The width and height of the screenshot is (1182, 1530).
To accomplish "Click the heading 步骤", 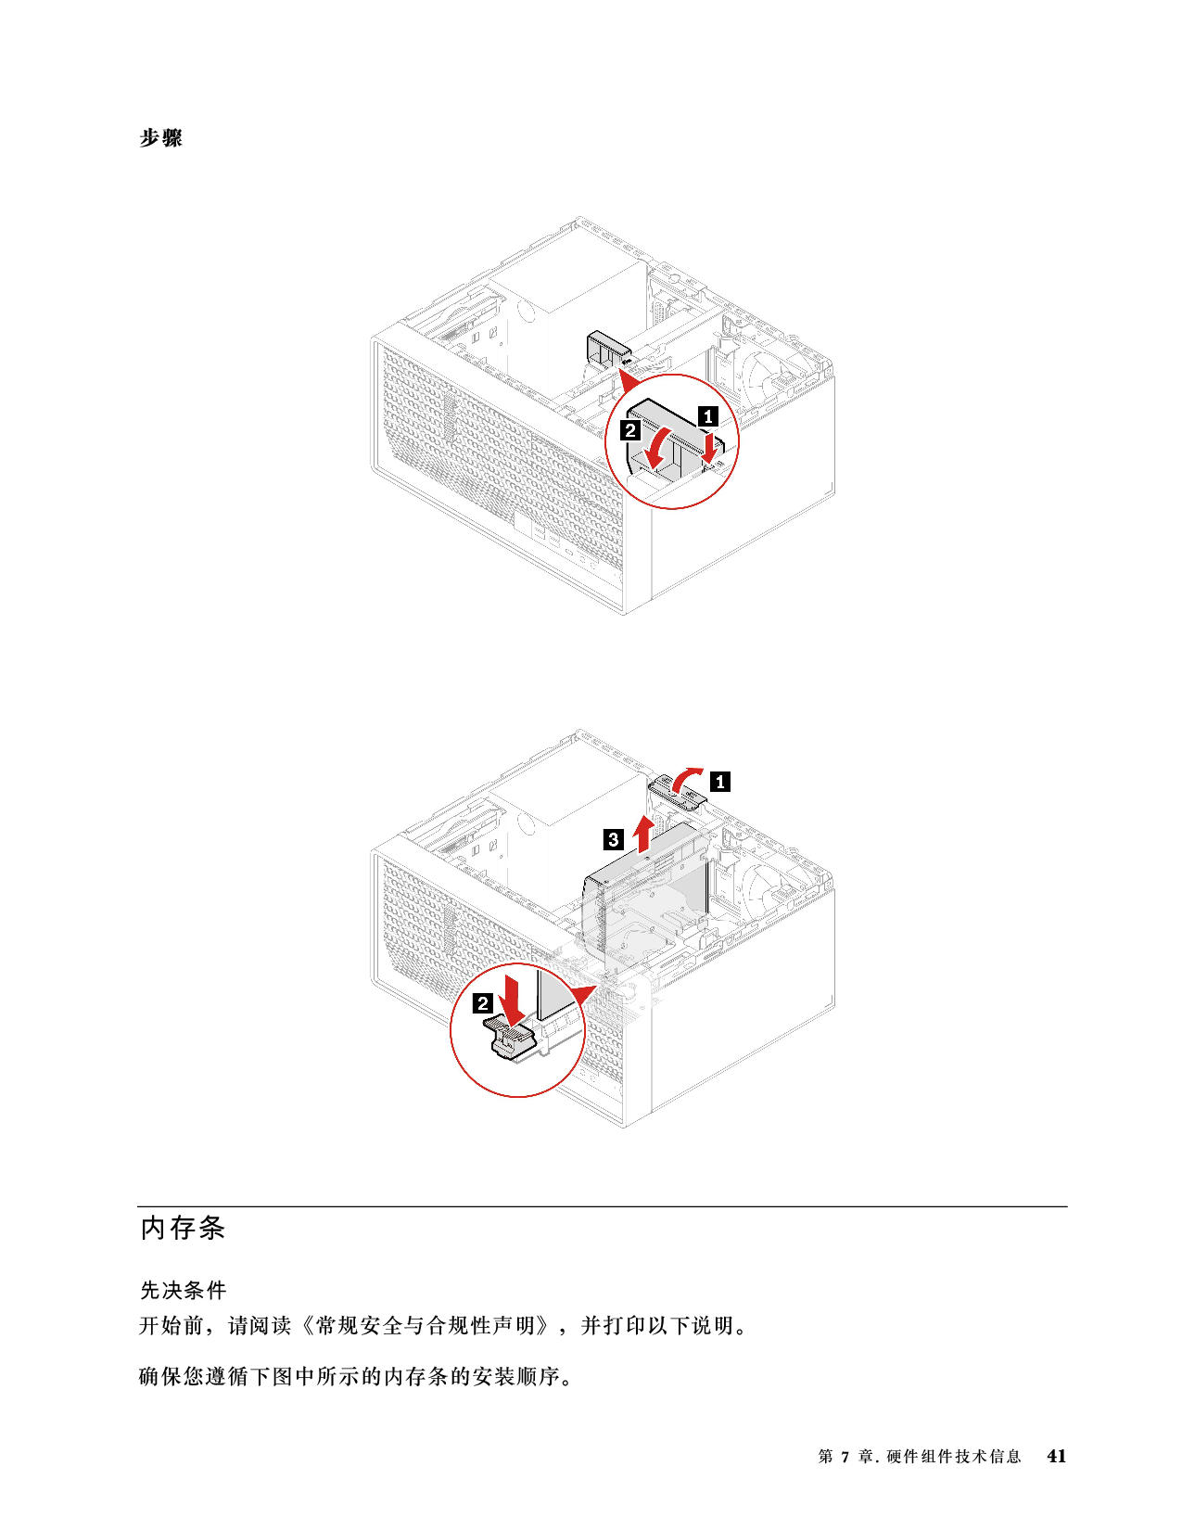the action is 160,137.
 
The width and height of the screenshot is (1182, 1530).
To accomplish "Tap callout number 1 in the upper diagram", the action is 707,416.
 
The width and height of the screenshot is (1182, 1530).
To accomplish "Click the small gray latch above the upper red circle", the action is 608,350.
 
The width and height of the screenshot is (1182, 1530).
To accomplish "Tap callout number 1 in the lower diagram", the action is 719,782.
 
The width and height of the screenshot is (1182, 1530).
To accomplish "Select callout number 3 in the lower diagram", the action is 613,839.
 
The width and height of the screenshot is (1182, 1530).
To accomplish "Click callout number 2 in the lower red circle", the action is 482,1003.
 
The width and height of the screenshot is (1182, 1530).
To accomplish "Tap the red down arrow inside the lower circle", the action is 510,999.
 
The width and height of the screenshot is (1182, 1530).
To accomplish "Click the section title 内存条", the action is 183,1227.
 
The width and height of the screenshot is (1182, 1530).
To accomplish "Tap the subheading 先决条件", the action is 183,1290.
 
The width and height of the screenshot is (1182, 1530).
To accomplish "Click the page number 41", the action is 1056,1456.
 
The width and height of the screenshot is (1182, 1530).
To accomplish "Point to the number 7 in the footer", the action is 845,1456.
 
